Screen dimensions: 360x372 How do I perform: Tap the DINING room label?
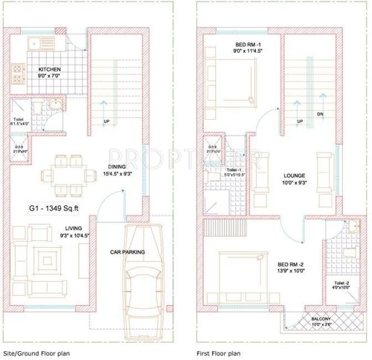tap(117, 167)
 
